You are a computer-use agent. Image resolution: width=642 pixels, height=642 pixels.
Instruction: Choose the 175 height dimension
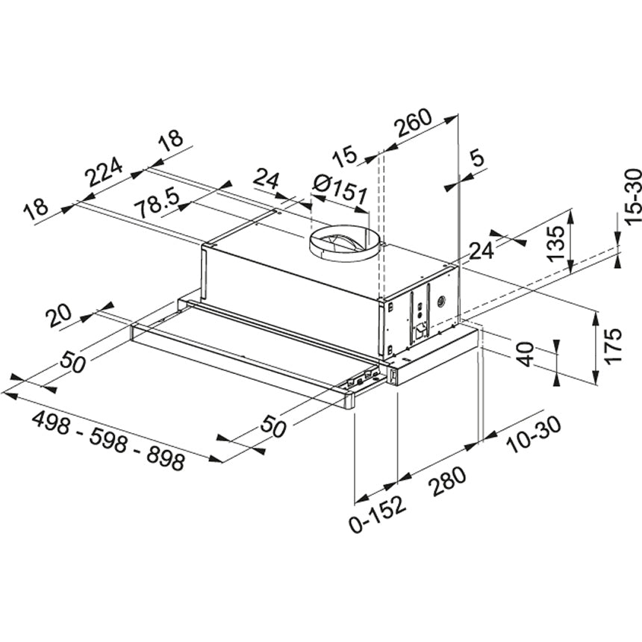click(x=613, y=346)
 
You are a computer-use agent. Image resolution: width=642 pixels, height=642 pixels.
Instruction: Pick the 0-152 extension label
click(x=378, y=514)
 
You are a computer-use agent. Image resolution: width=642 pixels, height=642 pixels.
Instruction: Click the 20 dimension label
click(x=62, y=317)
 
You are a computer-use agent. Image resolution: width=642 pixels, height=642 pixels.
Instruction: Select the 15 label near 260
click(x=344, y=157)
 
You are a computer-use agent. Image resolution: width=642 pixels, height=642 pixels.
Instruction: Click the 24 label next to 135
click(x=481, y=251)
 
